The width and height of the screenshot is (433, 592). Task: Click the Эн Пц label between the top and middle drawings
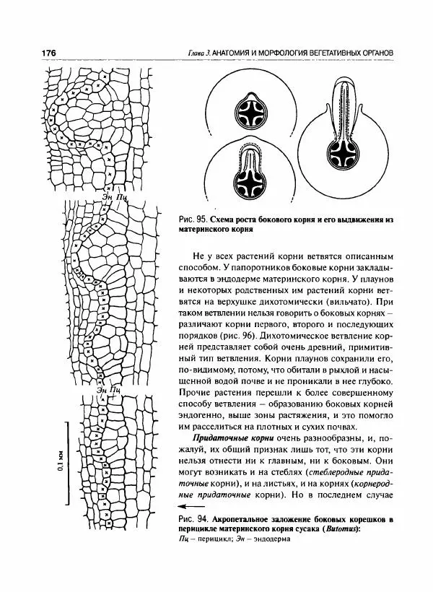click(x=115, y=195)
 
